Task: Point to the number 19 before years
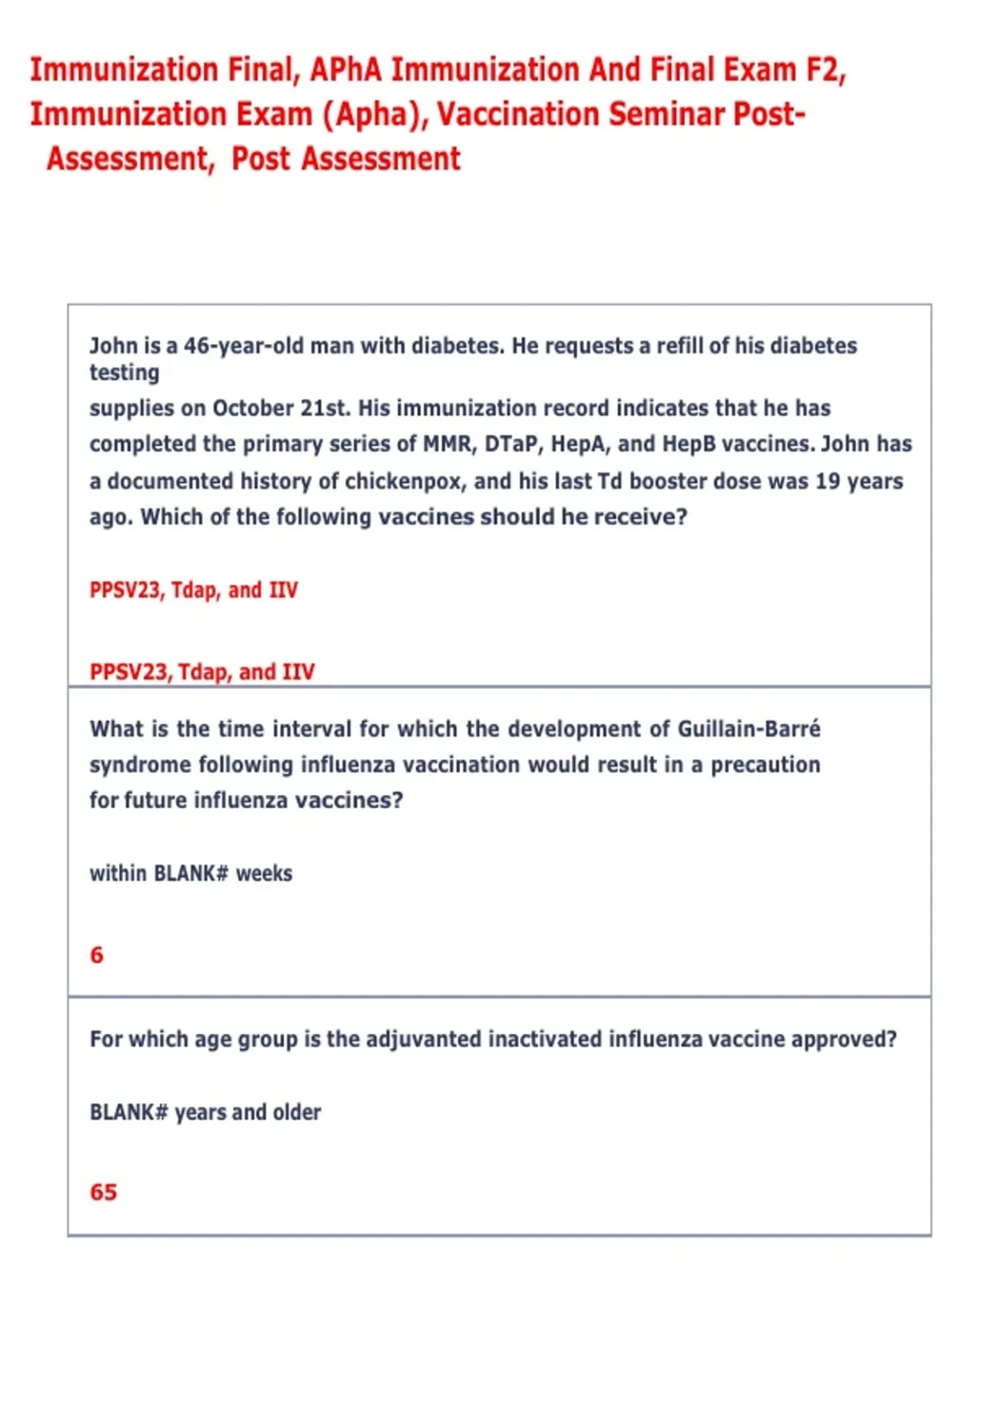(827, 481)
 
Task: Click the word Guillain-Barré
(749, 729)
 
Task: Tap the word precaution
(765, 765)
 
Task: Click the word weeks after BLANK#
(264, 874)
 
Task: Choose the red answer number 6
(97, 955)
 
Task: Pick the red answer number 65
(103, 1193)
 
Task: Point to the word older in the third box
(297, 1112)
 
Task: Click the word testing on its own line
(125, 373)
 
